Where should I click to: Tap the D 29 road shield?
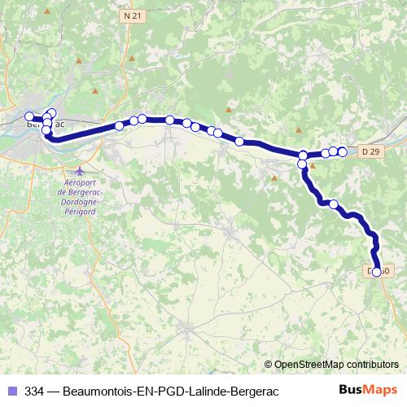tap(370, 151)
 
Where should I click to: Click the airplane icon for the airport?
tap(79, 172)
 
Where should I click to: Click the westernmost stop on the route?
tap(29, 116)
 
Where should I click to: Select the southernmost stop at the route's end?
tap(377, 272)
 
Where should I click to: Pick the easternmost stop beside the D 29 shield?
tap(343, 151)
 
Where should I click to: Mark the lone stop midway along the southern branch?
tap(334, 203)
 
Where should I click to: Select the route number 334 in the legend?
tap(35, 390)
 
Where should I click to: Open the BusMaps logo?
tap(367, 390)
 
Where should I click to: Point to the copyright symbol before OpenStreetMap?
tap(269, 365)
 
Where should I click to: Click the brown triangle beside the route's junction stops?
tap(313, 165)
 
